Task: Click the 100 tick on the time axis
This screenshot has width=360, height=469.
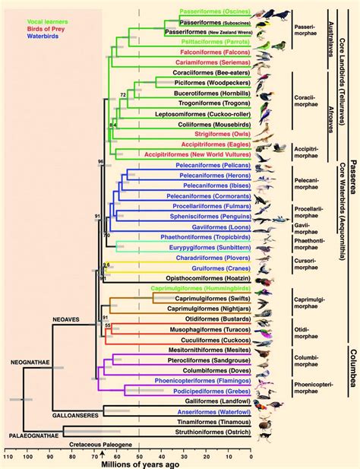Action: pos(27,457)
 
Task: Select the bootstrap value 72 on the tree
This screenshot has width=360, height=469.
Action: pos(122,94)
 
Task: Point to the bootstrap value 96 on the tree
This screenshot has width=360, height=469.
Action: pos(99,162)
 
